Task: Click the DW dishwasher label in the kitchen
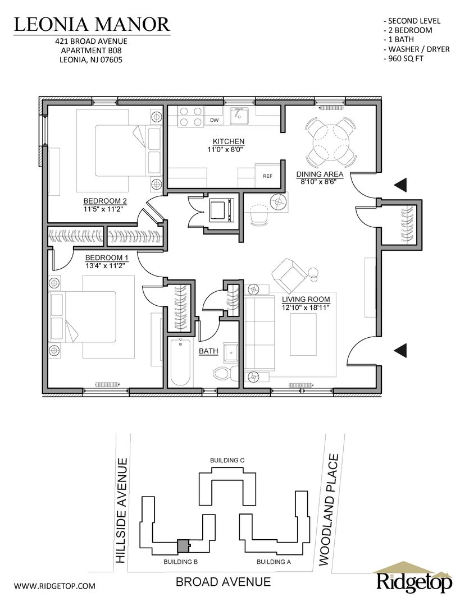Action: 214,120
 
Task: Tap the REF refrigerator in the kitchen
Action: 268,176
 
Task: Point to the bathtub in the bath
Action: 180,362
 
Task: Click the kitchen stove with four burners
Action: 190,116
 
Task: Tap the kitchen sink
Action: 239,116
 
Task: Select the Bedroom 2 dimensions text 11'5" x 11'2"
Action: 105,209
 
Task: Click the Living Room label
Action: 306,299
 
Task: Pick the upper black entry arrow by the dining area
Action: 401,185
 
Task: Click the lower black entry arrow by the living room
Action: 401,350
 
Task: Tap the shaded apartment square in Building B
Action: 182,546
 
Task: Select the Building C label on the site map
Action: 227,460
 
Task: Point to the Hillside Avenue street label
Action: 121,510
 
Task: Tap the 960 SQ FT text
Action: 403,59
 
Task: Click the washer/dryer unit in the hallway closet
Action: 222,210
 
